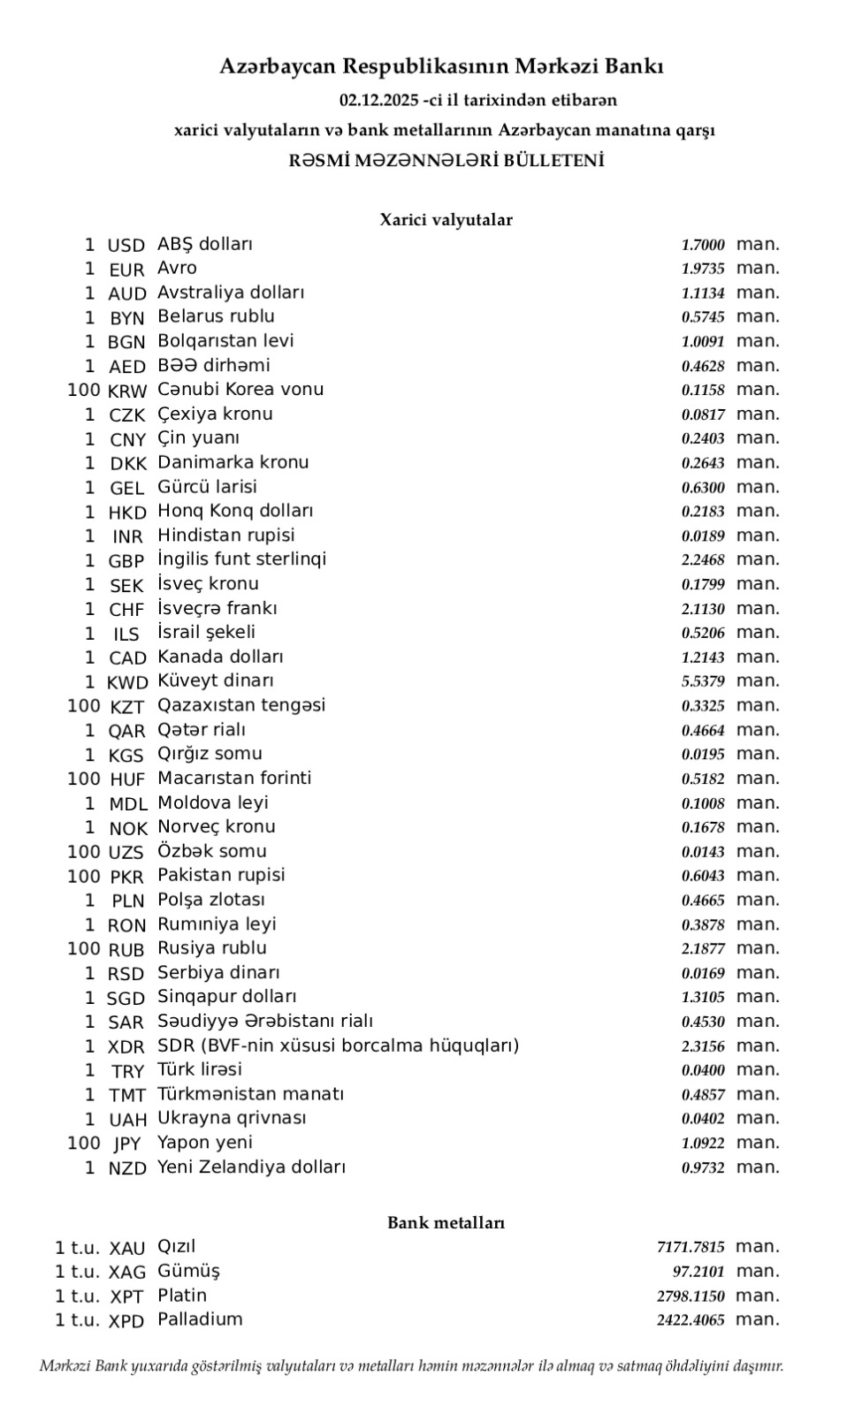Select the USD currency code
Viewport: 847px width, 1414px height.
[126, 246]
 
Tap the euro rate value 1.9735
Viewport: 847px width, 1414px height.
[703, 269]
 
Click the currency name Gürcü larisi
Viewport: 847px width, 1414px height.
[207, 487]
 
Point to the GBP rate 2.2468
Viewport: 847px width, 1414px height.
[703, 559]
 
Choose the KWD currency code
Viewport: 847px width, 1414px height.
[127, 682]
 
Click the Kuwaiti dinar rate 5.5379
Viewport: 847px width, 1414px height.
[703, 681]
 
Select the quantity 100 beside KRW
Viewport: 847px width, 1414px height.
[84, 390]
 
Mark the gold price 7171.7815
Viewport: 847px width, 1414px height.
[691, 1247]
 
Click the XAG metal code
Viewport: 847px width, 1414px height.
[127, 1273]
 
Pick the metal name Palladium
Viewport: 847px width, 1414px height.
[200, 1319]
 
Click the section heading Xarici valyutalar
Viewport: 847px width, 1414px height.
[446, 220]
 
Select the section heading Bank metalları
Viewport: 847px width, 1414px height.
[446, 1223]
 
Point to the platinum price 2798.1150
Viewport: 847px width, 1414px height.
[691, 1296]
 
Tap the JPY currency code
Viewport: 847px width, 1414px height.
[127, 1144]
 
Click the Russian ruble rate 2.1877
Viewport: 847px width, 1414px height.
[703, 948]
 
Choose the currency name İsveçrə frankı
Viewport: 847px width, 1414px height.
[217, 608]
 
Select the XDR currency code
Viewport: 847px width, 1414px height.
[127, 1047]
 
